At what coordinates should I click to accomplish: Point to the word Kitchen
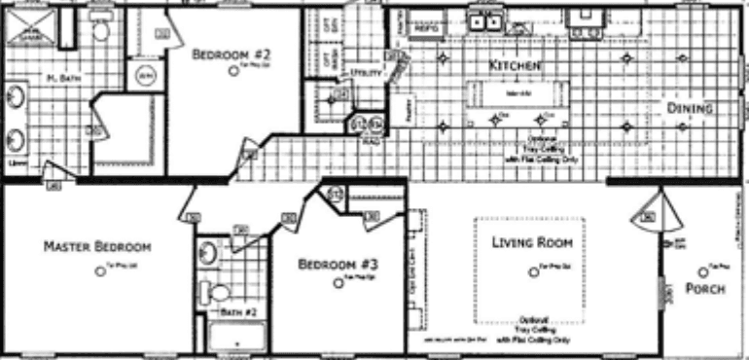click(507, 64)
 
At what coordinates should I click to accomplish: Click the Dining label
click(690, 108)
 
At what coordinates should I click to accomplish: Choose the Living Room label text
click(529, 241)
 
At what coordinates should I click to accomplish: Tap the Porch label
click(704, 289)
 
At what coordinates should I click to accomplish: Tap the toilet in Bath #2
click(218, 291)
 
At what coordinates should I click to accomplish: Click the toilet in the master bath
click(101, 29)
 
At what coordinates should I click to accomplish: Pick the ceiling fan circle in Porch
click(701, 271)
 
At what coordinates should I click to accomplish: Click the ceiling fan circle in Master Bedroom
click(99, 271)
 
